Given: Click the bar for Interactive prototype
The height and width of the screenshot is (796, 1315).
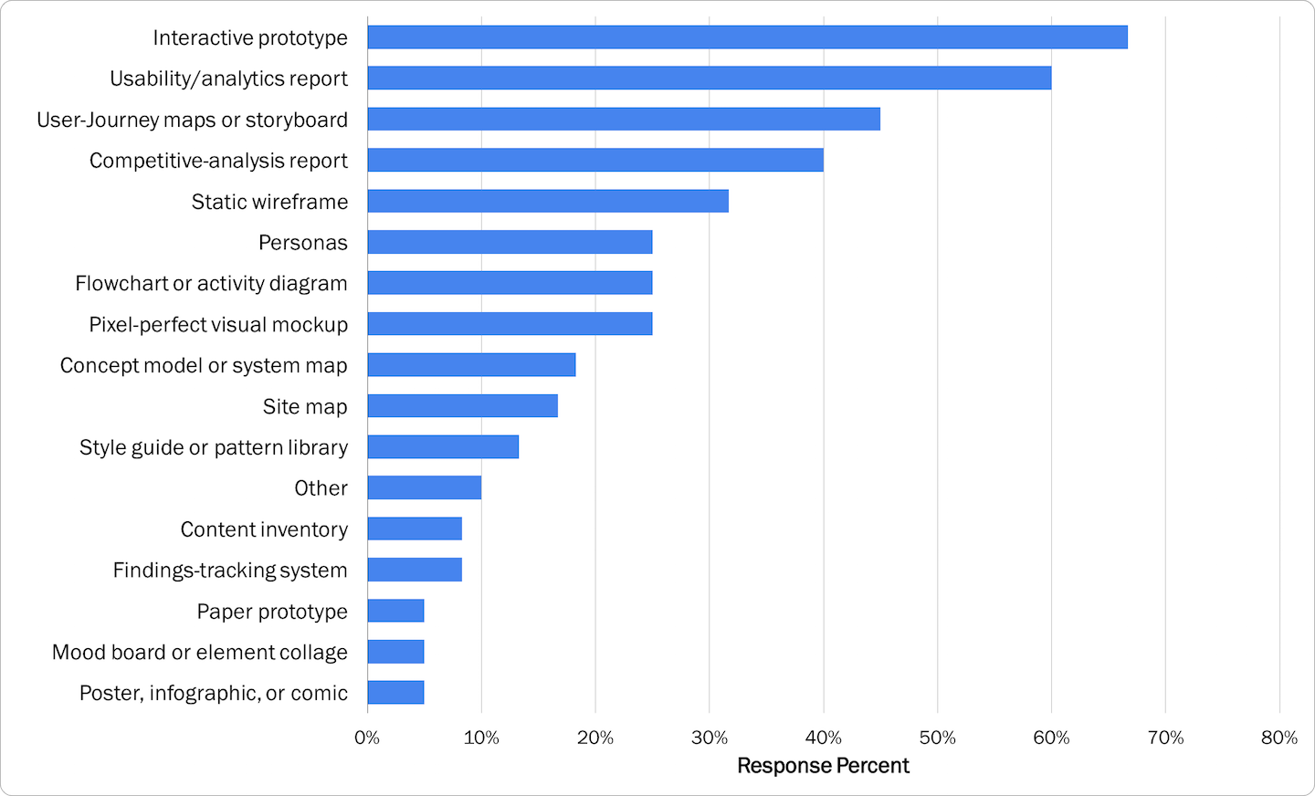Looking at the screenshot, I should [747, 37].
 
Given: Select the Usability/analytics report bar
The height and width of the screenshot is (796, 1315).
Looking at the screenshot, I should [709, 78].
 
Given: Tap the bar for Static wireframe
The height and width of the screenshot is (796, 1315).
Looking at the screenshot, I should [548, 201].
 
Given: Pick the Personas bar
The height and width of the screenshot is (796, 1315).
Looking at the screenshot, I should [510, 242].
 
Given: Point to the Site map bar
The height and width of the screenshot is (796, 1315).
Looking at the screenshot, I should [462, 406].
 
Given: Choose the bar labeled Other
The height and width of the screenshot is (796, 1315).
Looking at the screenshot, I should [424, 487].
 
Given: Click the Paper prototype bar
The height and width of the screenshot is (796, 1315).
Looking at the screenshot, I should [395, 611].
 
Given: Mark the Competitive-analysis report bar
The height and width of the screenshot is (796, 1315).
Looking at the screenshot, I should [595, 160].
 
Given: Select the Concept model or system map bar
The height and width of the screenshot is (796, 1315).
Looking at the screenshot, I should [471, 365].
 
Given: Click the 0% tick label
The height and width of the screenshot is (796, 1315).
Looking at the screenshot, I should [367, 738].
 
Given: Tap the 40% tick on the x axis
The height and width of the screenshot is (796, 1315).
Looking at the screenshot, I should [823, 738].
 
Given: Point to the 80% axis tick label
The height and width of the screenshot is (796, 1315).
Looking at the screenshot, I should [1278, 738].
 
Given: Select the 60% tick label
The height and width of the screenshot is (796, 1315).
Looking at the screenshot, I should [1051, 738].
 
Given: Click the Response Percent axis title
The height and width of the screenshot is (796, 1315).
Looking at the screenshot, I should [823, 766].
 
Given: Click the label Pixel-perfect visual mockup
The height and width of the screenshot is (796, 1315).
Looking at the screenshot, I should [218, 325].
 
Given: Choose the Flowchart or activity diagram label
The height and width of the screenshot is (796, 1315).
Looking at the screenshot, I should [211, 284].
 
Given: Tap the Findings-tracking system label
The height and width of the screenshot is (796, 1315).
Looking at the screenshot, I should [230, 571].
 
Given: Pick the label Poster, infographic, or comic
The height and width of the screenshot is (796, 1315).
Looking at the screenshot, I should [214, 694].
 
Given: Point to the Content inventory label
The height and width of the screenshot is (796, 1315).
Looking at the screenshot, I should [264, 529].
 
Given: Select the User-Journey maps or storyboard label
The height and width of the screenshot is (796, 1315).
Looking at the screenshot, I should [192, 120].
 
